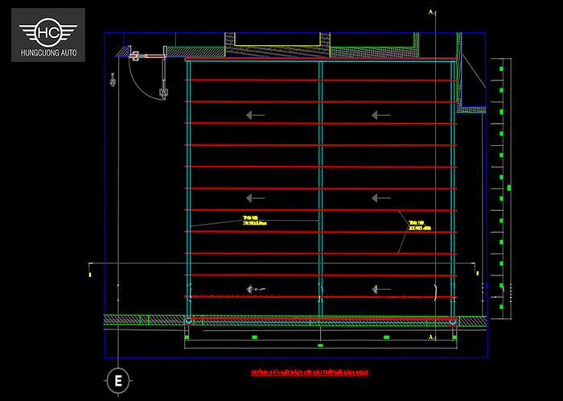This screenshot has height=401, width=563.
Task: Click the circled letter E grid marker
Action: click(x=118, y=381)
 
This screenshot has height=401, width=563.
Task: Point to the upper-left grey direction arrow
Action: click(x=255, y=115)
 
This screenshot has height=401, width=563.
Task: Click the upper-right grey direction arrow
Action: click(x=380, y=115)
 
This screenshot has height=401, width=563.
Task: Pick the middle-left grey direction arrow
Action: click(x=255, y=197)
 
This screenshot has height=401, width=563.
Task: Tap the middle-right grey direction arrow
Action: click(x=380, y=197)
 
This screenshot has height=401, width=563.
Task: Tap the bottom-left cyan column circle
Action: click(x=189, y=320)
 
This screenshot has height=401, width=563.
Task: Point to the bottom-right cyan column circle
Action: click(x=454, y=320)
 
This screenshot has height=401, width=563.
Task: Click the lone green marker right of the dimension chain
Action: click(x=509, y=188)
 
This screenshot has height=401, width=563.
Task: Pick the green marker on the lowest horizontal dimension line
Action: click(x=320, y=345)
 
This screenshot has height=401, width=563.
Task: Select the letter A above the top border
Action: click(x=432, y=11)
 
